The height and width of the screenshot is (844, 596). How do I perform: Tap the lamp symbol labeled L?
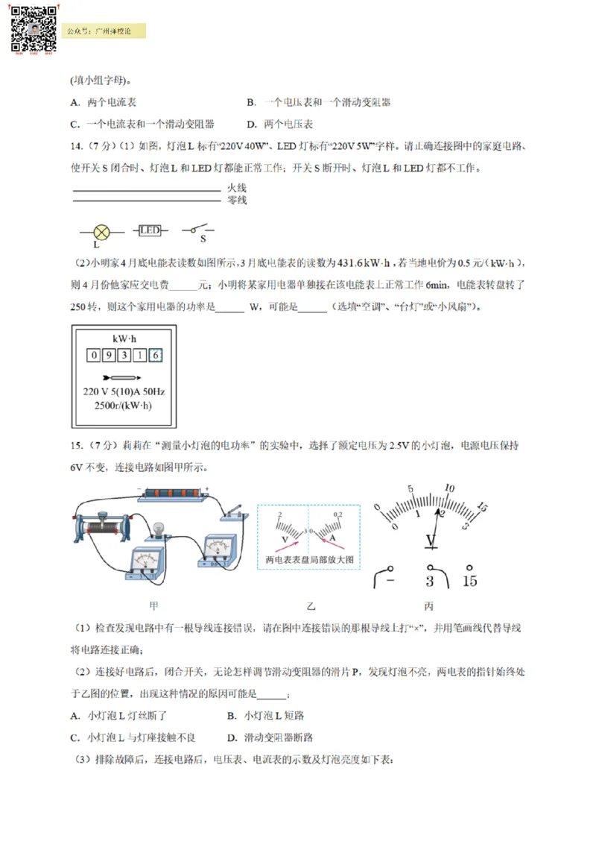pos(101,232)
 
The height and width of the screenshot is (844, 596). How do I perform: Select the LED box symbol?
pos(150,231)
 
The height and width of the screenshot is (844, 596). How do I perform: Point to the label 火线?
pos(236,189)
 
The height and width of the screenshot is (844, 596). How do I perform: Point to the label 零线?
pos(236,200)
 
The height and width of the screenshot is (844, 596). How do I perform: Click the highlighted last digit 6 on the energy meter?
pos(155,356)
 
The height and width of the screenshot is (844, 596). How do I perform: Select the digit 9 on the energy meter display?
pos(110,356)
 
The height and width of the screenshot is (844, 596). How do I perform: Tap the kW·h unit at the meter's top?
pos(124,338)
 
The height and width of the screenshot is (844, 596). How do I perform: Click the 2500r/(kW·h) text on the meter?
pos(124,405)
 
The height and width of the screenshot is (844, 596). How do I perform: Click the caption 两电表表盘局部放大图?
pos(308,559)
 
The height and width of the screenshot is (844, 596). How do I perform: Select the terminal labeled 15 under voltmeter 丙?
pos(470,580)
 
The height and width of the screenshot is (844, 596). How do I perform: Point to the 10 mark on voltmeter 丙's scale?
pos(449,489)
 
